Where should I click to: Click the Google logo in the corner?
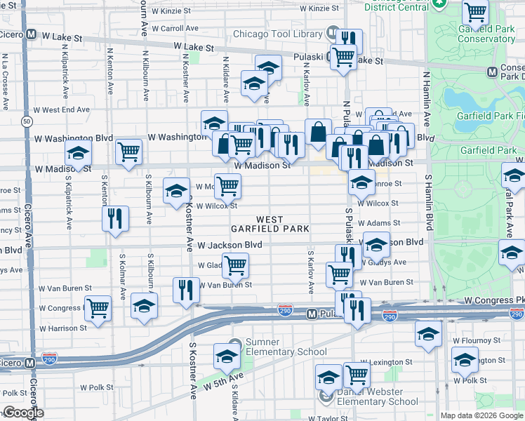point(22,413)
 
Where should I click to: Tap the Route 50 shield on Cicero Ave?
point(26,121)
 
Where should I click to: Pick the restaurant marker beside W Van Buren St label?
point(185,289)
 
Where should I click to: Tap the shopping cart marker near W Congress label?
point(98,307)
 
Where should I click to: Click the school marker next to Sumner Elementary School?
point(227,357)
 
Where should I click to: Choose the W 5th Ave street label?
point(223,381)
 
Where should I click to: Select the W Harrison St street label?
point(63,328)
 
